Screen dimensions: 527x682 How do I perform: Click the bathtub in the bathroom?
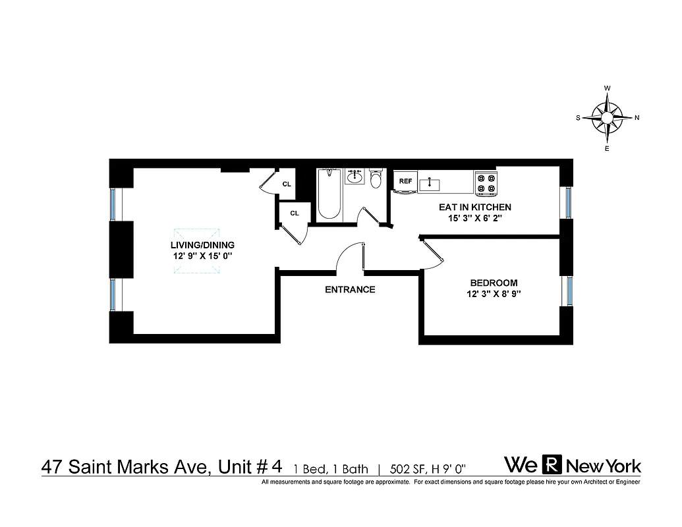(x=329, y=195)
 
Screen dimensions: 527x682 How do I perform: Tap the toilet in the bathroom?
(x=376, y=179)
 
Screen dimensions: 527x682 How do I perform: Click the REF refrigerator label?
(x=405, y=181)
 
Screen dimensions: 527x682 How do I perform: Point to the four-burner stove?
(x=486, y=182)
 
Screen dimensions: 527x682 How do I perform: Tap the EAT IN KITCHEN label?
(x=474, y=207)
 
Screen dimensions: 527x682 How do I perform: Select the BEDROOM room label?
(x=494, y=283)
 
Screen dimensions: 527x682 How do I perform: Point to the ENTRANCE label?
(x=350, y=289)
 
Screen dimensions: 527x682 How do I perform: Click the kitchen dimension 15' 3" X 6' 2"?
(x=474, y=219)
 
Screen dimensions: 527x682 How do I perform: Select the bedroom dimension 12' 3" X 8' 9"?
(x=494, y=295)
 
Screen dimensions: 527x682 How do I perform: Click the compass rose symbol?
(x=607, y=118)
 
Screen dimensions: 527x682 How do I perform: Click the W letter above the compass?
(x=608, y=88)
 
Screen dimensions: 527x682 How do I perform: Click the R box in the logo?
(x=554, y=465)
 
